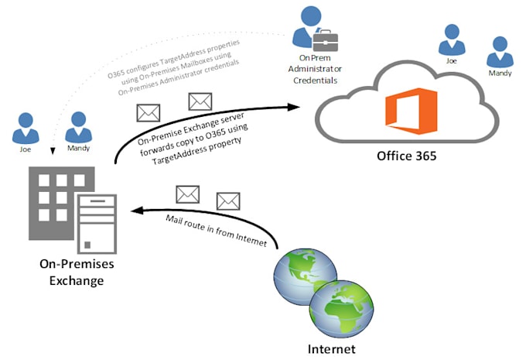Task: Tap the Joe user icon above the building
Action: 26,126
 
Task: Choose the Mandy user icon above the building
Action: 78,125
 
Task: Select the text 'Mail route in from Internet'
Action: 220,231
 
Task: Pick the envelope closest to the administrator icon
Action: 200,101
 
